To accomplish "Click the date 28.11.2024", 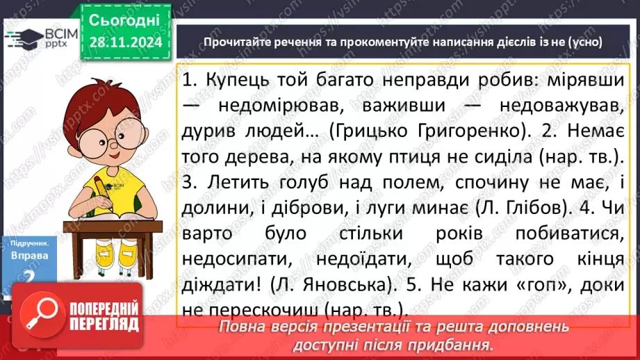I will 126,42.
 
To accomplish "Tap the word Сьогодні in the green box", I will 126,19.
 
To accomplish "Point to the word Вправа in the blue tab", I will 30,255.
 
